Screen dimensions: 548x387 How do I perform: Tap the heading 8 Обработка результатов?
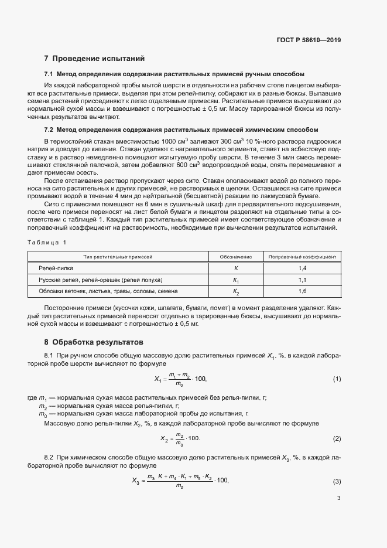pos(93,342)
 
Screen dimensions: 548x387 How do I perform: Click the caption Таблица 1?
pos(47,242)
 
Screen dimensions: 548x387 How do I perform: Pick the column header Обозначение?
pos(235,257)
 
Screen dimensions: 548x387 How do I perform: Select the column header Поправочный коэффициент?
pos(302,257)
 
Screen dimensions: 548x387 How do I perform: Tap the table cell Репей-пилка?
pos(56,268)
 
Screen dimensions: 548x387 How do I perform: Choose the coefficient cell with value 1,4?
pos(302,268)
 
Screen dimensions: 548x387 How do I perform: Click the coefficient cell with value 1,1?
pos(302,280)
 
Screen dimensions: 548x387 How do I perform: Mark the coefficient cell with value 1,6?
pos(302,291)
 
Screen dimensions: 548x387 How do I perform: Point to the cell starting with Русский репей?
pos(100,280)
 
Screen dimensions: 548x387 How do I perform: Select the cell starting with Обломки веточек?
pos(108,291)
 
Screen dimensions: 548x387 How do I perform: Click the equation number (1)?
pos(337,379)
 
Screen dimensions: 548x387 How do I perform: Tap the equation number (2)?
pos(337,438)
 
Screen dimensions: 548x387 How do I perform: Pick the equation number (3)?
pos(337,481)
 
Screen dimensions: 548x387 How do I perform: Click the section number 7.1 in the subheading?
pos(49,75)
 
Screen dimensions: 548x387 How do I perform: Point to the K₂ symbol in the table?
pos(236,291)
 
